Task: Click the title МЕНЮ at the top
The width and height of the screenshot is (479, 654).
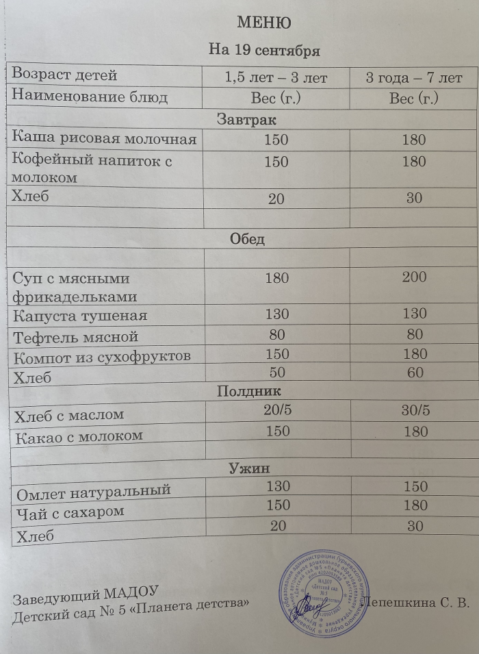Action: point(263,23)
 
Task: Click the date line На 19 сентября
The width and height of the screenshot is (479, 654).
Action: point(264,51)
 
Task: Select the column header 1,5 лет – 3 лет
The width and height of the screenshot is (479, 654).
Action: point(276,77)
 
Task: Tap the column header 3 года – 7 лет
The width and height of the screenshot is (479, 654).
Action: point(414,77)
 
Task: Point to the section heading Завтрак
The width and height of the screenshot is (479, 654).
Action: point(246,120)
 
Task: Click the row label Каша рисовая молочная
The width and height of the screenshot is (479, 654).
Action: point(105,140)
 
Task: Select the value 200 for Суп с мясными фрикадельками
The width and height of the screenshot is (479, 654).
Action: point(415,277)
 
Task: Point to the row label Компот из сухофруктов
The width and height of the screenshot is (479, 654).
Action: point(101,357)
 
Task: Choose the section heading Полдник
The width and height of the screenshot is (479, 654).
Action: point(249,391)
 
